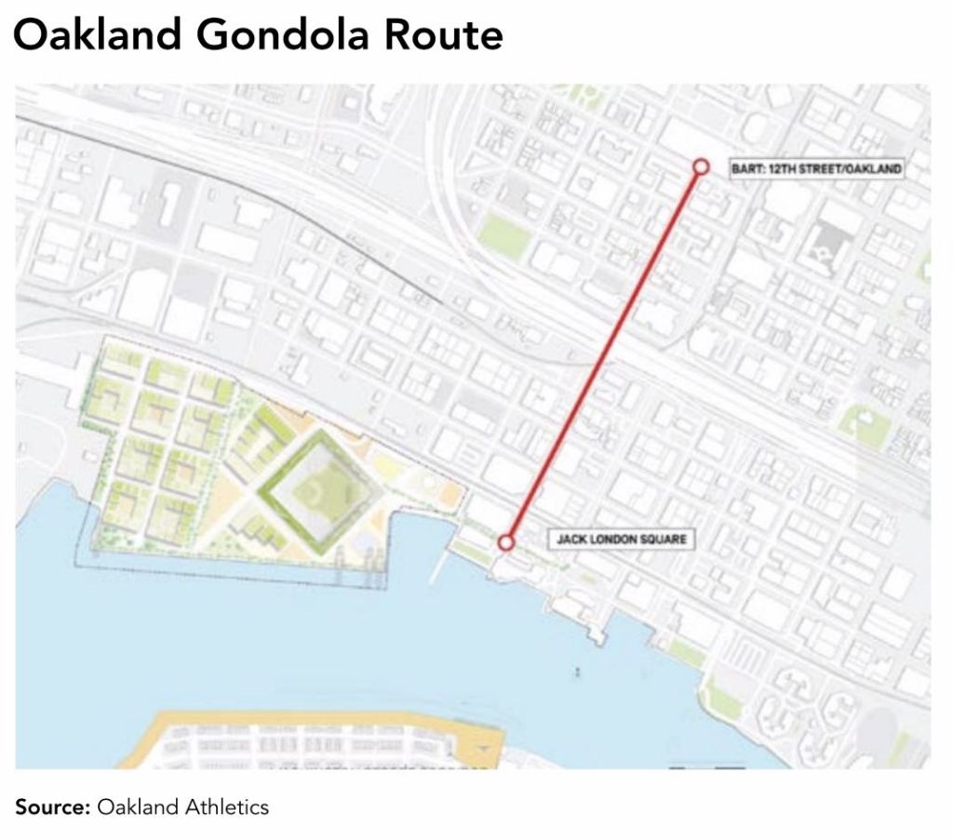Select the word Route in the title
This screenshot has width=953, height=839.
[x=444, y=36]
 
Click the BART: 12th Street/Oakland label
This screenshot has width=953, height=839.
[x=816, y=168]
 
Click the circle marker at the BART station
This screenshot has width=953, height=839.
[x=701, y=166]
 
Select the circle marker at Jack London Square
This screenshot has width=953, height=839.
[x=506, y=542]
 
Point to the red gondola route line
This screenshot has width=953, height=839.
[x=603, y=354]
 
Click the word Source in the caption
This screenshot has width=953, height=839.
[x=51, y=806]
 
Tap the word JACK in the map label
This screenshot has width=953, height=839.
[x=570, y=539]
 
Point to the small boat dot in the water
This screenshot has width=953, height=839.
[x=578, y=670]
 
